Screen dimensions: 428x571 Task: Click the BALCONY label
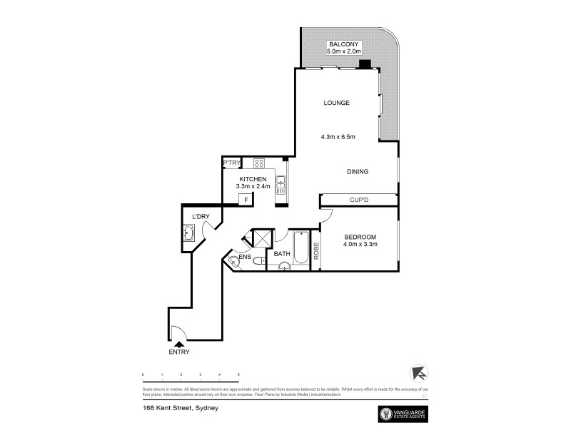click(340, 44)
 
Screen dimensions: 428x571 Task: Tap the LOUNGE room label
click(337, 103)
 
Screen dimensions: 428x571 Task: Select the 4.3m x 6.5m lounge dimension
click(338, 136)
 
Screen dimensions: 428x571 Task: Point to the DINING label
click(358, 171)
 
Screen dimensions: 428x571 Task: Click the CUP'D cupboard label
click(358, 200)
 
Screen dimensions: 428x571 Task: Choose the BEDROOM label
click(360, 237)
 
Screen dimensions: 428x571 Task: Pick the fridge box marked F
click(246, 200)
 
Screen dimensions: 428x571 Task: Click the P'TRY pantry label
click(231, 163)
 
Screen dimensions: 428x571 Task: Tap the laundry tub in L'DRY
click(189, 233)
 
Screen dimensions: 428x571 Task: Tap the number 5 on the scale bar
click(238, 374)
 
